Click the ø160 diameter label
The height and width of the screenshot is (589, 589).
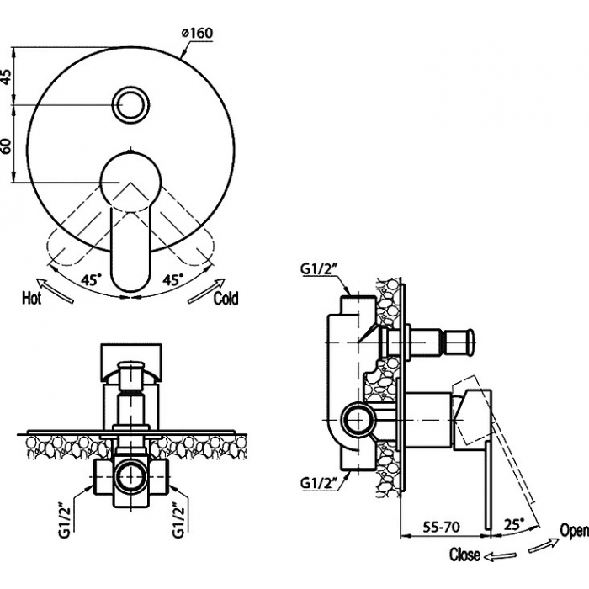pyautogui.click(x=197, y=33)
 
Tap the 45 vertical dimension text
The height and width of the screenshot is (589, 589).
pyautogui.click(x=7, y=77)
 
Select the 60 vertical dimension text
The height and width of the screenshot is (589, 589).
pyautogui.click(x=7, y=146)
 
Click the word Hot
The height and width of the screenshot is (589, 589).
pyautogui.click(x=32, y=298)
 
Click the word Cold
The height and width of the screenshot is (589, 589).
pyautogui.click(x=226, y=299)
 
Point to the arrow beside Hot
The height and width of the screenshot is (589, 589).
pyautogui.click(x=55, y=290)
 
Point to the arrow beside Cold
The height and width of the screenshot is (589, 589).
pyautogui.click(x=206, y=290)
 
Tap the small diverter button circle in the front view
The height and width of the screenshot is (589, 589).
pyautogui.click(x=131, y=105)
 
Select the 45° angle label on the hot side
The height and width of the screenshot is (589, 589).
pyautogui.click(x=92, y=280)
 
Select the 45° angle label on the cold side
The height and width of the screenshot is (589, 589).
pyautogui.click(x=173, y=280)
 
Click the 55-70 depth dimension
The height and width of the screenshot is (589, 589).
pyautogui.click(x=442, y=527)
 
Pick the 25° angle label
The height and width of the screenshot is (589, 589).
pyautogui.click(x=514, y=524)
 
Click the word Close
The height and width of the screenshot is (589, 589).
pyautogui.click(x=464, y=555)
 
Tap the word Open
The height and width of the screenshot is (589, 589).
pyautogui.click(x=575, y=530)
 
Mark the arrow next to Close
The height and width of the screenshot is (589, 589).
pyautogui.click(x=500, y=555)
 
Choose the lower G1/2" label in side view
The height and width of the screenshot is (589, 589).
pyautogui.click(x=319, y=483)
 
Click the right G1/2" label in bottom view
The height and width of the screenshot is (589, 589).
pyautogui.click(x=178, y=520)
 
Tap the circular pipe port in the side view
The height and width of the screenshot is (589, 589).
pyautogui.click(x=358, y=420)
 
